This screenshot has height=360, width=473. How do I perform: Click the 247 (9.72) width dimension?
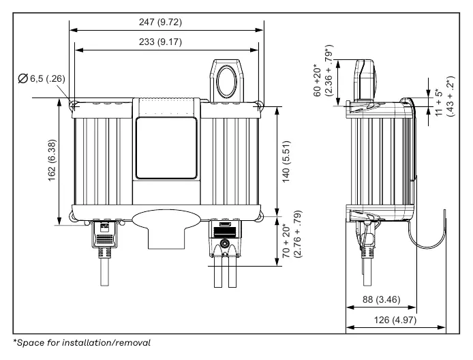tap(160, 22)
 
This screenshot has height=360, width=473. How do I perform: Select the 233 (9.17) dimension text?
tap(160, 42)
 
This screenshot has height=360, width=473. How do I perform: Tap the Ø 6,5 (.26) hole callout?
tap(42, 78)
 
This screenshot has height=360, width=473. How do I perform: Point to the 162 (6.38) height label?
tap(52, 160)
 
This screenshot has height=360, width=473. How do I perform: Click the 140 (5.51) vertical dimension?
tap(286, 162)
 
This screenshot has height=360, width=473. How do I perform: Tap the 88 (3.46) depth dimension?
tap(381, 299)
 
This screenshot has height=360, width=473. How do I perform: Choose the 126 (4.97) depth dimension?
tap(395, 320)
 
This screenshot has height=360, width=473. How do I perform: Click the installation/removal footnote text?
tap(82, 343)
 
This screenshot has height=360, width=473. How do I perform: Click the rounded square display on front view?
tap(166, 148)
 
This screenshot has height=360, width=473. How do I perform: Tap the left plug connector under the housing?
tap(104, 235)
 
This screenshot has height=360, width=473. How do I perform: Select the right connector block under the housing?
tap(225, 239)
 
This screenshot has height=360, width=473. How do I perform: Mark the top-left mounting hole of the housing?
tap(74, 105)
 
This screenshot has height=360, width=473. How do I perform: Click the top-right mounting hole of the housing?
tap(258, 105)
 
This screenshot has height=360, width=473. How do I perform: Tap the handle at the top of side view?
tap(366, 79)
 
